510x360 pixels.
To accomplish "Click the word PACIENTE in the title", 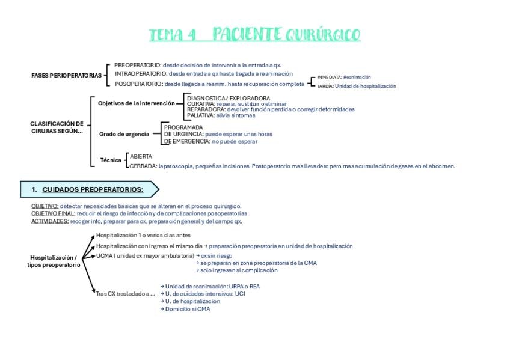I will pyautogui.click(x=247, y=35).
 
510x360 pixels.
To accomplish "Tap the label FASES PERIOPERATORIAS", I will pyautogui.click(x=67, y=75).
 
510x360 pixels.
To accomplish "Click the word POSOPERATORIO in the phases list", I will pyautogui.click(x=138, y=84).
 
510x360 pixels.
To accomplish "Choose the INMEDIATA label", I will pyautogui.click(x=330, y=77).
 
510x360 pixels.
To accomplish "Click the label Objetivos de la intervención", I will pyautogui.click(x=137, y=103).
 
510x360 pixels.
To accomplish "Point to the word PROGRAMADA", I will pyautogui.click(x=183, y=127).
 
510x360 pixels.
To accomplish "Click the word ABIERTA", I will pyautogui.click(x=141, y=156).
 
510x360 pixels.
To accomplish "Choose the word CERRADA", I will pyautogui.click(x=143, y=166).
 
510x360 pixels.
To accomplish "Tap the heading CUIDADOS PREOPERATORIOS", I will pyautogui.click(x=93, y=189).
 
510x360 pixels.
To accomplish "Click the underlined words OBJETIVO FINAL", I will pyautogui.click(x=54, y=213).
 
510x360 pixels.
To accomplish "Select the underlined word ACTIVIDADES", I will pyautogui.click(x=50, y=221).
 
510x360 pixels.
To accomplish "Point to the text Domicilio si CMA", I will pyautogui.click(x=188, y=309).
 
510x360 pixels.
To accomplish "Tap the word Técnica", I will pyautogui.click(x=111, y=160).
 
